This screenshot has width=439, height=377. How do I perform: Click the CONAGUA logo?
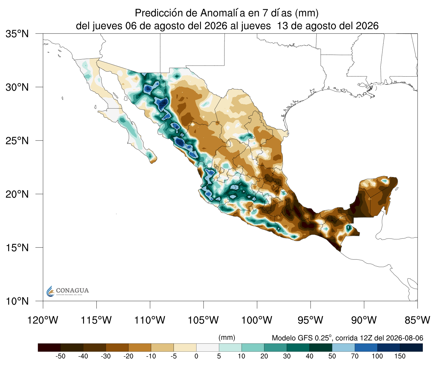coord(67,291)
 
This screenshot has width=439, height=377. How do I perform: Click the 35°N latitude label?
coord(17,34)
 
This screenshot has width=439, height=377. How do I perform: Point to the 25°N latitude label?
coord(17,140)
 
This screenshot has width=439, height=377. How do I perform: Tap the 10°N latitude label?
coord(17,301)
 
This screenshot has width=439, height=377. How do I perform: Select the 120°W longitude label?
coord(43,320)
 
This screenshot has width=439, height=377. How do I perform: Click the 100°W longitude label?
coord(257,320)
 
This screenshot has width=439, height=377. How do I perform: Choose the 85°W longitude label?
coord(417,320)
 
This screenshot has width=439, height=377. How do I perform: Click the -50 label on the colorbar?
coord(60,356)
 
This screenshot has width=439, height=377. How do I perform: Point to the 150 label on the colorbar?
coord(400,356)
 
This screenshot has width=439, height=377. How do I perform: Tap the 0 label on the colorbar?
coord(196,356)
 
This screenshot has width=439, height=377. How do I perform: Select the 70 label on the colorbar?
coord(355,356)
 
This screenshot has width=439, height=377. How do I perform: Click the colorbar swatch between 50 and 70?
coord(344,348)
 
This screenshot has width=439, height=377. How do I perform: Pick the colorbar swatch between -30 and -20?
coord(117,348)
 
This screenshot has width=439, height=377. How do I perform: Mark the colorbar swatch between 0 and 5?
coord(207,348)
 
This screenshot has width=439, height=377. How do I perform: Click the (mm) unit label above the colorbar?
coord(227,338)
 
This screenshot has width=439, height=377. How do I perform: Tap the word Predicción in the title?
coord(159,13)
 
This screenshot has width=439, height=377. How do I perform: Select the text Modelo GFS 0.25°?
coord(302,338)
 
